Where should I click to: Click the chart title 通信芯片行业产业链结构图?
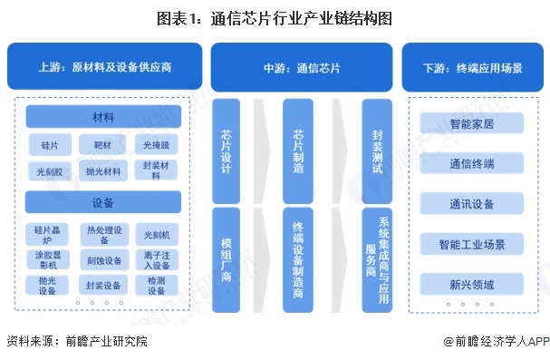(275, 17)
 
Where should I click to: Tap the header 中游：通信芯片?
(303, 67)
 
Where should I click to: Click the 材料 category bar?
(103, 117)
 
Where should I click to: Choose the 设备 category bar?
(103, 201)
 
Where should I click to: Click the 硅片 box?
(50, 144)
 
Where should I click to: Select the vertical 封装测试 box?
(377, 151)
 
